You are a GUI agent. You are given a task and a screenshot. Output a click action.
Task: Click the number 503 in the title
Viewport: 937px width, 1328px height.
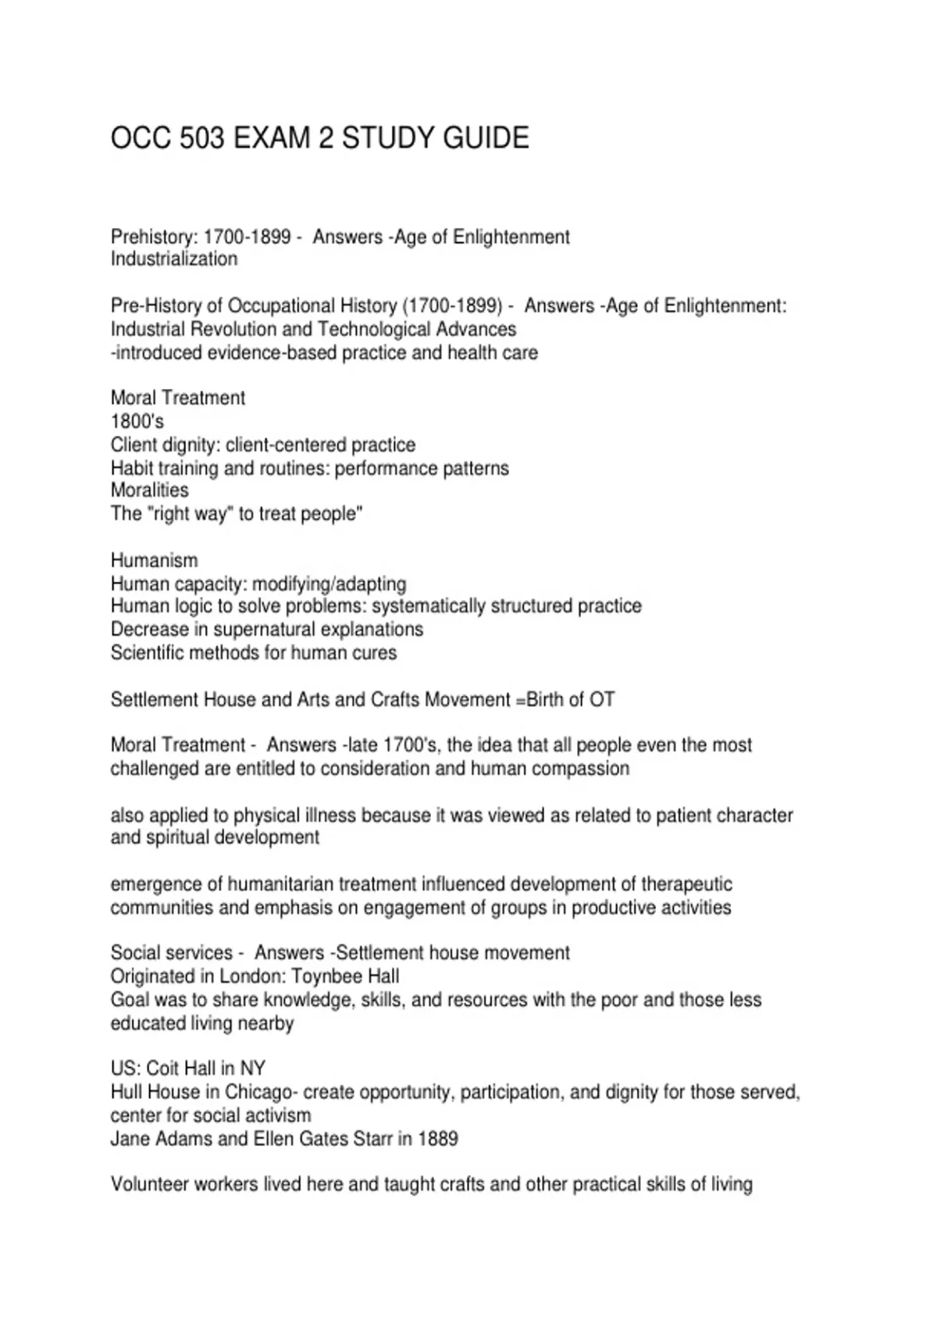point(202,138)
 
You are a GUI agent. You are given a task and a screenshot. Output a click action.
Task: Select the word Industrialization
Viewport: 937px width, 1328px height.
point(174,259)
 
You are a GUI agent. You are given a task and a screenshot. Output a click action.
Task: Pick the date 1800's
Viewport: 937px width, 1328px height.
point(137,421)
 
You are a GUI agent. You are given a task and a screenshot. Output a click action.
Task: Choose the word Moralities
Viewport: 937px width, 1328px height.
point(149,491)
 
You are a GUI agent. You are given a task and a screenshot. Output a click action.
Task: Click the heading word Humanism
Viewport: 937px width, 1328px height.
point(154,560)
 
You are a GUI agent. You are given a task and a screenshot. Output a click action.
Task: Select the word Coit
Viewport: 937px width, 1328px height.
point(162,1069)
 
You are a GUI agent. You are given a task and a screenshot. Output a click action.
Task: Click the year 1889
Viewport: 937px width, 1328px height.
point(438,1138)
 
